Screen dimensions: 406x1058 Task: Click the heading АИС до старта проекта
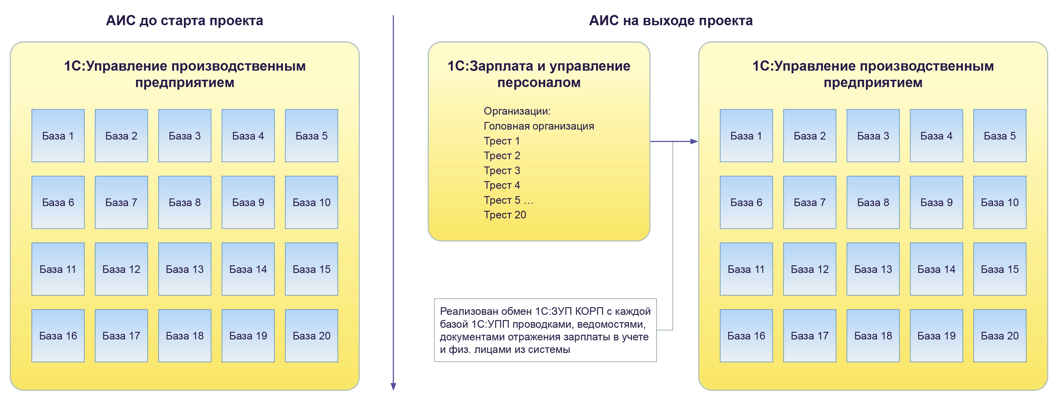184,21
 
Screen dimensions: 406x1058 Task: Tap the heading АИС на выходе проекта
670,21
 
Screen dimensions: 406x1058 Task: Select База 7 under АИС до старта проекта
121,202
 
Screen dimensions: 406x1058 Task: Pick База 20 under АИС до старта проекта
311,335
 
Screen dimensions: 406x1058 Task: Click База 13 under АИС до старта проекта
184,269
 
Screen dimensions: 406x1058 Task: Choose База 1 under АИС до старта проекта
58,136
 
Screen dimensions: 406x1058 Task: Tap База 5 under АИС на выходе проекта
999,136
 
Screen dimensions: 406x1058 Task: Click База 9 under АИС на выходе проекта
936,202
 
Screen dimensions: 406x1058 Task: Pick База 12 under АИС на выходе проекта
809,269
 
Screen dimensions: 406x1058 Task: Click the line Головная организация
538,126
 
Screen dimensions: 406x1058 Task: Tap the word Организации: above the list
517,111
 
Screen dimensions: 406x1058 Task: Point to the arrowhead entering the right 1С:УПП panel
694,142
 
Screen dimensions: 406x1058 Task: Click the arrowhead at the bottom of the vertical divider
393,386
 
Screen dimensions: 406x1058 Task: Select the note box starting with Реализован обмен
545,330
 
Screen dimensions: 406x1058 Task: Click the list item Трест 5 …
508,200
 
